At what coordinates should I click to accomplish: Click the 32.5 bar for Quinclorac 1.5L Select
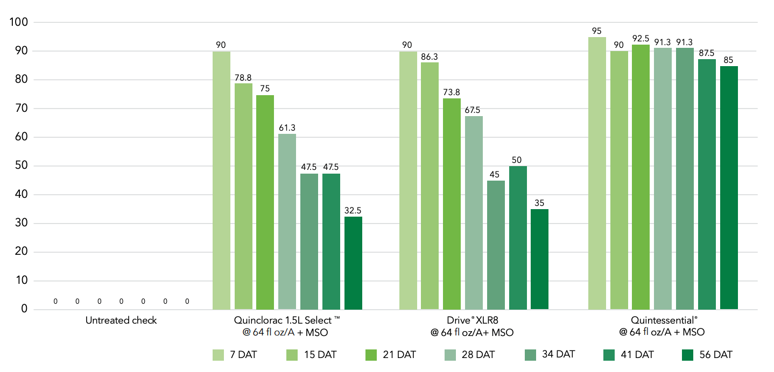[353, 263]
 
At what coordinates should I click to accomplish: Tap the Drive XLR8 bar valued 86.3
[430, 185]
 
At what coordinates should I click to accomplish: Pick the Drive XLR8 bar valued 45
[496, 245]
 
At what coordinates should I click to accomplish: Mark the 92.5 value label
[641, 39]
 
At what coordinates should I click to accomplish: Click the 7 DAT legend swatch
[219, 355]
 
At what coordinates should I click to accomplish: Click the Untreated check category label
[121, 320]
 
